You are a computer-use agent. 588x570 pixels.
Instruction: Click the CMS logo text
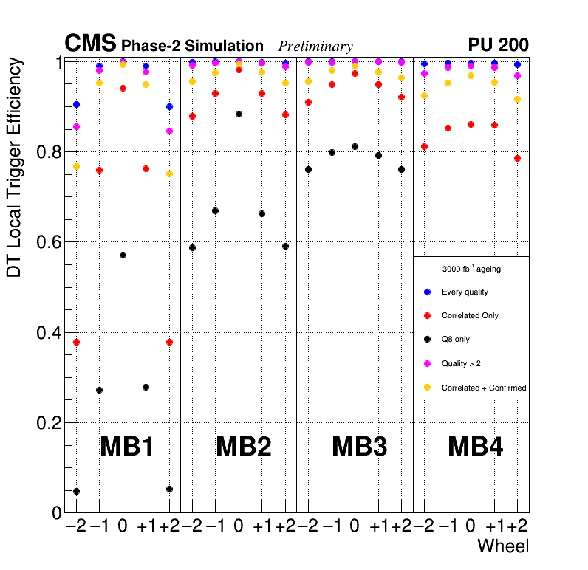(x=91, y=44)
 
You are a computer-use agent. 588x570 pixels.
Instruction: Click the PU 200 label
(x=498, y=45)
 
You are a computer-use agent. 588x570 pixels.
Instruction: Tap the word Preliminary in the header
(x=315, y=47)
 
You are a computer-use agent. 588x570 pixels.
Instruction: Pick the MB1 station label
(x=126, y=447)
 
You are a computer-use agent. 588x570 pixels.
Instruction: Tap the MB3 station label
(x=360, y=447)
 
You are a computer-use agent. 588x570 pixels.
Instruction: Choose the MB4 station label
(x=476, y=447)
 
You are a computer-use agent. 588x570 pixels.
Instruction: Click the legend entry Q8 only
(x=455, y=340)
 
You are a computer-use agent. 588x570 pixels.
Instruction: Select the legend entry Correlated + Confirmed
(x=483, y=388)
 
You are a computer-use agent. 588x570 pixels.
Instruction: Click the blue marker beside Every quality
(x=427, y=292)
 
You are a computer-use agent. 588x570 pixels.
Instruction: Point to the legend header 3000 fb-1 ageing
(x=471, y=269)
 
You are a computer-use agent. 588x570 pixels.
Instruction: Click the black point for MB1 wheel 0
(x=123, y=255)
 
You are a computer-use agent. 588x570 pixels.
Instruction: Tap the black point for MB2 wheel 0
(x=239, y=114)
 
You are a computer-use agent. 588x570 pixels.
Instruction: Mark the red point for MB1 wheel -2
(x=76, y=342)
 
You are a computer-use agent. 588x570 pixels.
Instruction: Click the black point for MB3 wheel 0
(x=355, y=146)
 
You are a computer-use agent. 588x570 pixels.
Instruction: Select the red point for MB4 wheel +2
(x=518, y=158)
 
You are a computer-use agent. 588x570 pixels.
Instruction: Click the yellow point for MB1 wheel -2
(x=76, y=167)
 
